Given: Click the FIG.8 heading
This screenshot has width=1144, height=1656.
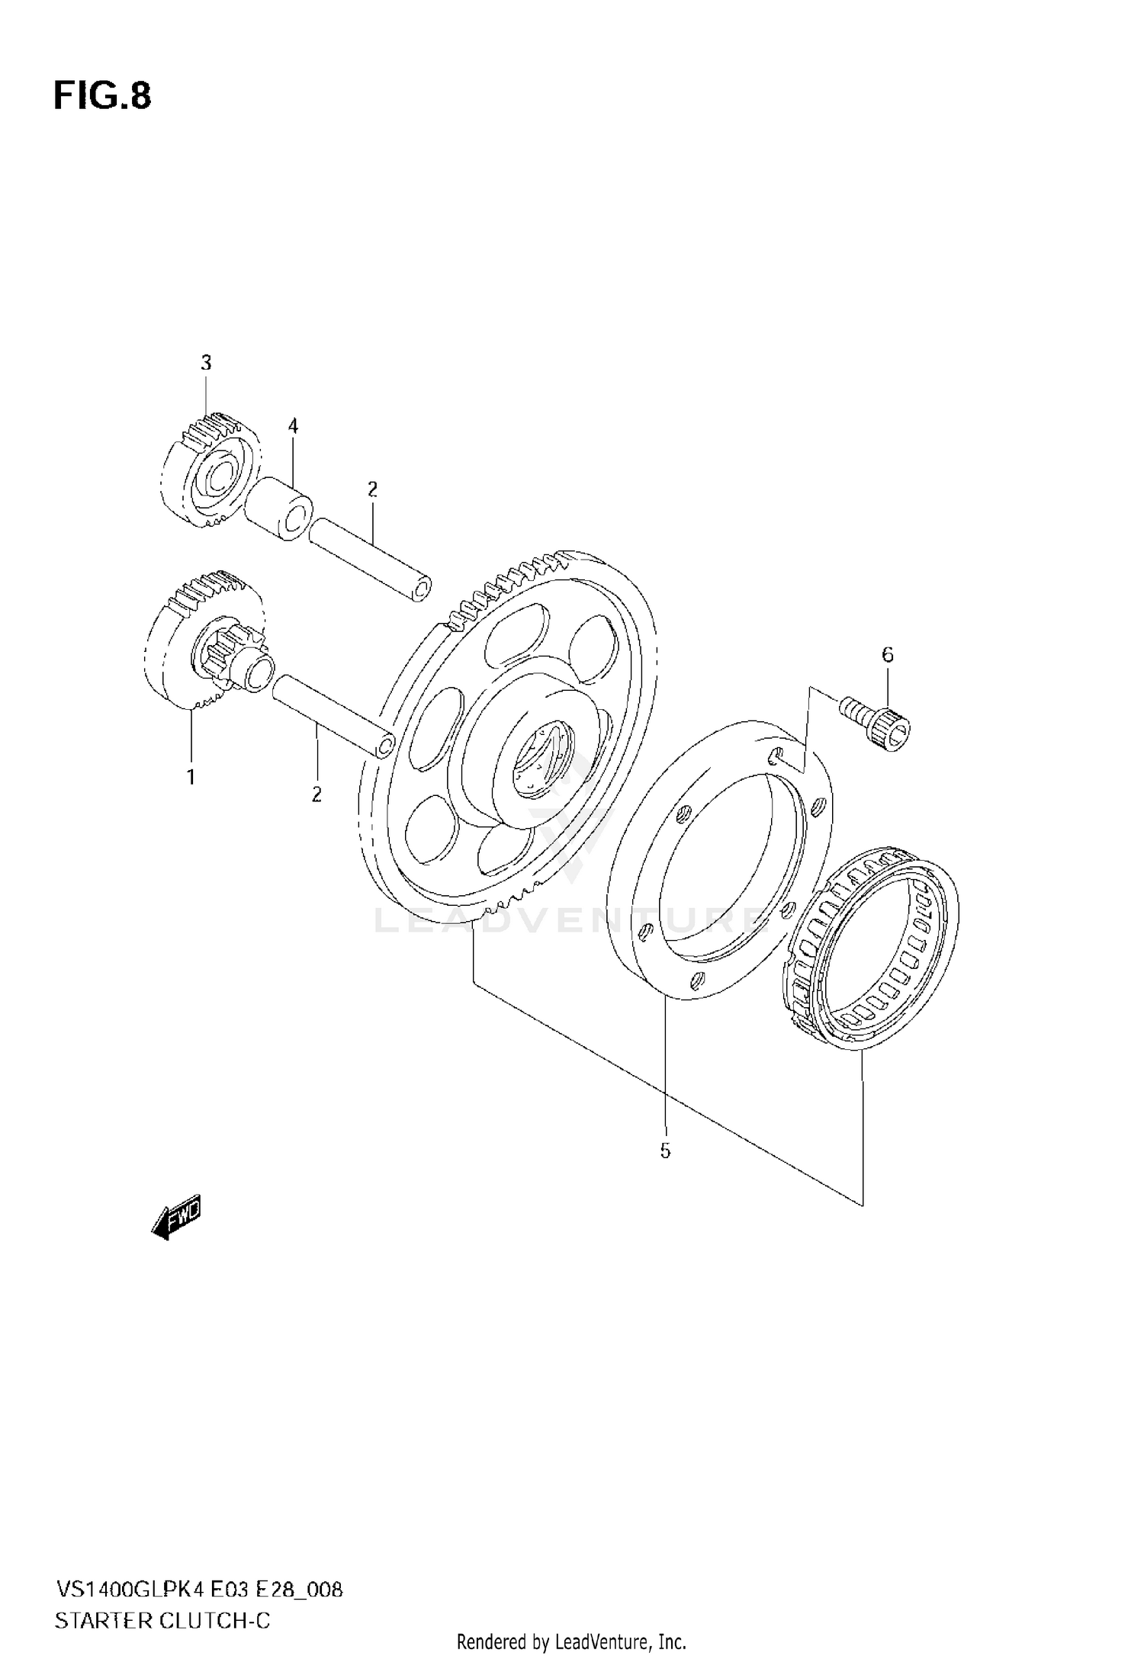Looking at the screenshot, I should tap(102, 97).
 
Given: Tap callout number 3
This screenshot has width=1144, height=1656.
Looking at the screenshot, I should tap(206, 363).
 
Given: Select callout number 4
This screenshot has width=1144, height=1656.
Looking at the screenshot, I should tap(293, 426).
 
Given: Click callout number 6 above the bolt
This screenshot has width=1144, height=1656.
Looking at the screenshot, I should tap(887, 654).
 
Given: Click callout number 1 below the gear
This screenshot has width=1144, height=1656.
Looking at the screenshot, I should tap(191, 777).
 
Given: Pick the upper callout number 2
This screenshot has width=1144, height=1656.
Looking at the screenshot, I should tap(372, 489).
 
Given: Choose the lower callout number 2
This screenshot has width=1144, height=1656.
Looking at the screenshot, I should tap(317, 795).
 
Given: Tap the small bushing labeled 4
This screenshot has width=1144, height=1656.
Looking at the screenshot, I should tap(279, 509).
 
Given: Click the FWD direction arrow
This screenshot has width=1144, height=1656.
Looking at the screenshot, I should tap(176, 1215).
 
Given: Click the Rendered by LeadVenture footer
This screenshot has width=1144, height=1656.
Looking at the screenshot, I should tap(571, 1641).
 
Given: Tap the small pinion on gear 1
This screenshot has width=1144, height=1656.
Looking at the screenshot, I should tap(229, 656).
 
